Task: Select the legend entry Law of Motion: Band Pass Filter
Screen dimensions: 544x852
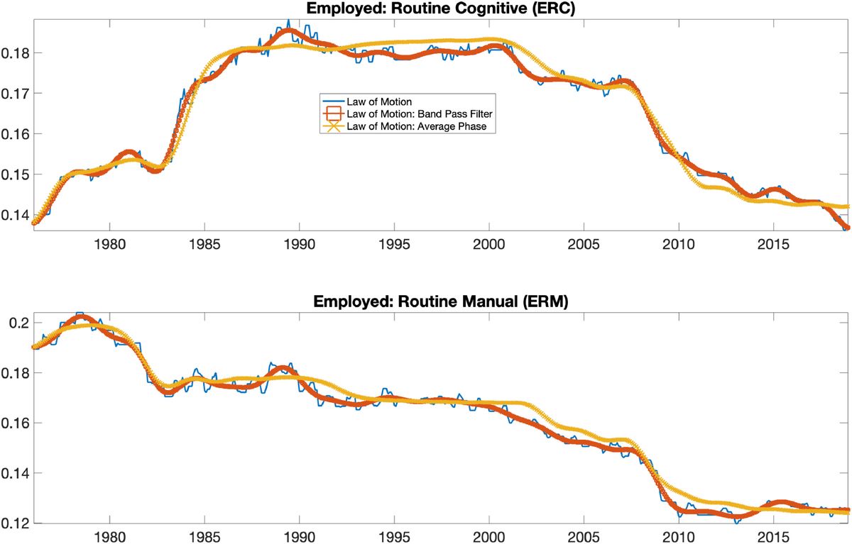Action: (420, 113)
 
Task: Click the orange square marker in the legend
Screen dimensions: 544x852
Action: (333, 113)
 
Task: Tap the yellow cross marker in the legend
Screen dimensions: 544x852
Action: (333, 126)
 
